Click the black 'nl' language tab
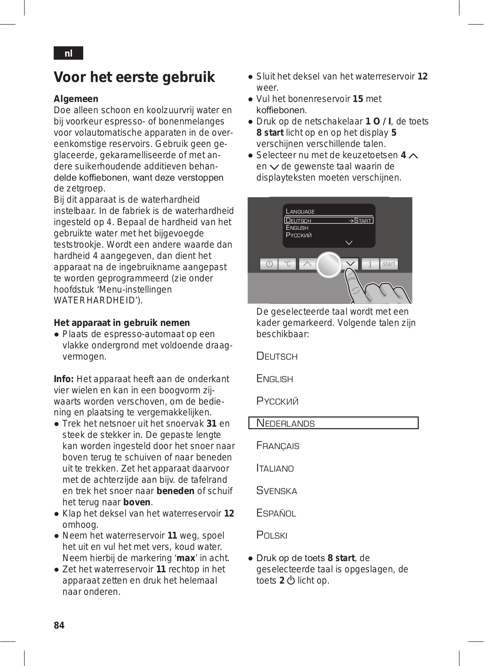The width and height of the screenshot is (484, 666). coord(68,53)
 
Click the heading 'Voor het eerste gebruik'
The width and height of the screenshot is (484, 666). coord(134,77)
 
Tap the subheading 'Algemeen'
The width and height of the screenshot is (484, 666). coord(76,99)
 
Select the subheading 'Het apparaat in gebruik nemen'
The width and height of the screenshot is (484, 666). coord(122,323)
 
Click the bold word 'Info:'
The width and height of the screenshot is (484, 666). coord(64,379)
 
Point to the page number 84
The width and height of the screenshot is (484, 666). coord(59,625)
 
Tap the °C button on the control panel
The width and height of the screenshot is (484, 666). coord(288,264)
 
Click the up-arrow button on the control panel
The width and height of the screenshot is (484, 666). coord(307,264)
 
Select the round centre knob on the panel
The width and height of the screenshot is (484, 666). coord(329,264)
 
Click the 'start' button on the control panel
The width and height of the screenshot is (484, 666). coord(389,264)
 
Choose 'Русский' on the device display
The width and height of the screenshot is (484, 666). coord(298,235)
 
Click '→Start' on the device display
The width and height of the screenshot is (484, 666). coord(360,221)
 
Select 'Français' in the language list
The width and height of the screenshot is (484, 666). coord(278,445)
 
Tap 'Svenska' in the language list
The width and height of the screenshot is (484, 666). coord(277,490)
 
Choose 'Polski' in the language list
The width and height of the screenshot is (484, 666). coord(272,535)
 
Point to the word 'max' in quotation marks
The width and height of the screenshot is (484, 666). coord(186,558)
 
